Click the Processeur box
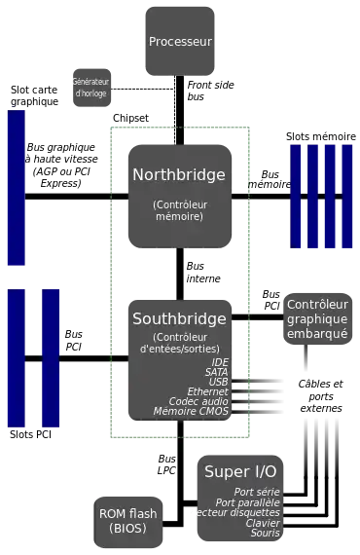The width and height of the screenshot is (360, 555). pos(180,42)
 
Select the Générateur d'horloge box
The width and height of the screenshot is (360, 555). pos(92,87)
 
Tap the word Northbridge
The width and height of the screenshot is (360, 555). pos(179,175)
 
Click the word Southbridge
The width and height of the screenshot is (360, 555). pos(179,318)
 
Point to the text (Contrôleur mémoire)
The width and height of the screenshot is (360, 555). pos(179,210)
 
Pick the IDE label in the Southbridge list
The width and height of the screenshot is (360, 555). pos(220,362)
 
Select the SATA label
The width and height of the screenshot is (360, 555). pos(216,372)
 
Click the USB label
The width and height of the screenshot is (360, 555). pos(217,382)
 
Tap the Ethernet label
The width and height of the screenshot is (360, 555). pos(207,391)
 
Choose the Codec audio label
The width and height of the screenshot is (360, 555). pos(198,401)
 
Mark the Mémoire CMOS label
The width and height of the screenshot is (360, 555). pos(191,411)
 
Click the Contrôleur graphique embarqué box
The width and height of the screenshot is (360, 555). pos(317,318)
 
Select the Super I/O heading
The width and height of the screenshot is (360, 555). pos(239,471)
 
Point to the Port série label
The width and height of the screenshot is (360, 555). pos(257,492)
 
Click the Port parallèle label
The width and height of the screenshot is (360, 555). pos(247,502)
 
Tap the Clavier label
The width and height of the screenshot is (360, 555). pos(263,523)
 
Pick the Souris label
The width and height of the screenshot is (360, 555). pos(265,534)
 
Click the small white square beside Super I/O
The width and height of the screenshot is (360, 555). pos(191,516)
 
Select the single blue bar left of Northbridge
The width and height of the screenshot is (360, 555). pos(17,187)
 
